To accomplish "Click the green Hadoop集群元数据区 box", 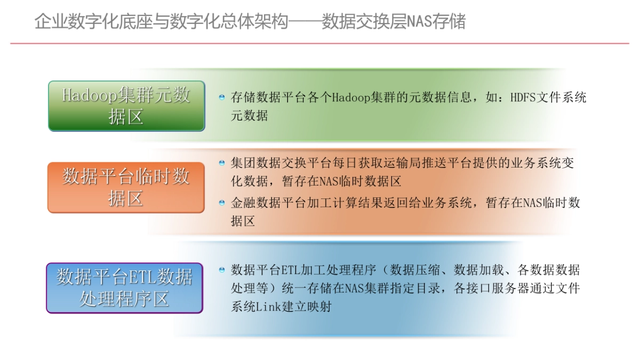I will point(126,106).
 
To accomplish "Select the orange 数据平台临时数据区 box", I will point(126,187).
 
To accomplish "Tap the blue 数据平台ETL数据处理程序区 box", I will point(124,288).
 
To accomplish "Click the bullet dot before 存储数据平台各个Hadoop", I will point(222,98).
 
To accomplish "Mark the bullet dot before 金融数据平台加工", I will point(222,203).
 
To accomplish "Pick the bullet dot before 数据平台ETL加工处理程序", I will point(222,270).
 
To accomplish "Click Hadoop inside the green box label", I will point(89,95).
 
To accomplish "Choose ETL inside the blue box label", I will point(143,278).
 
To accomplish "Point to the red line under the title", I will point(320,43).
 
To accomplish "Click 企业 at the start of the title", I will point(46,22).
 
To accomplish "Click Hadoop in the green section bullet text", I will point(351,98).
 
